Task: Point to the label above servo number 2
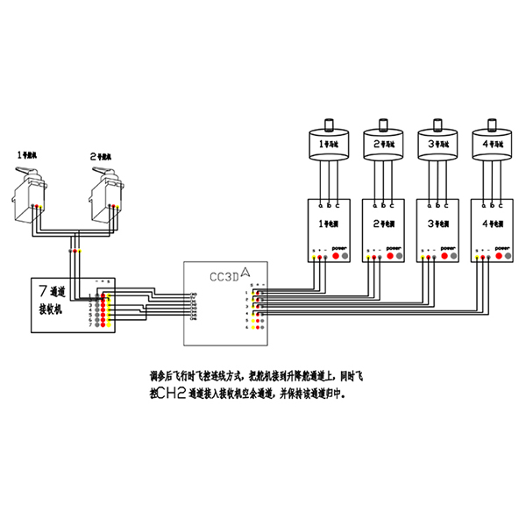pos(101,155)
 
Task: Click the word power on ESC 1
pos(339,248)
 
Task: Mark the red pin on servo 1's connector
pos(35,206)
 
